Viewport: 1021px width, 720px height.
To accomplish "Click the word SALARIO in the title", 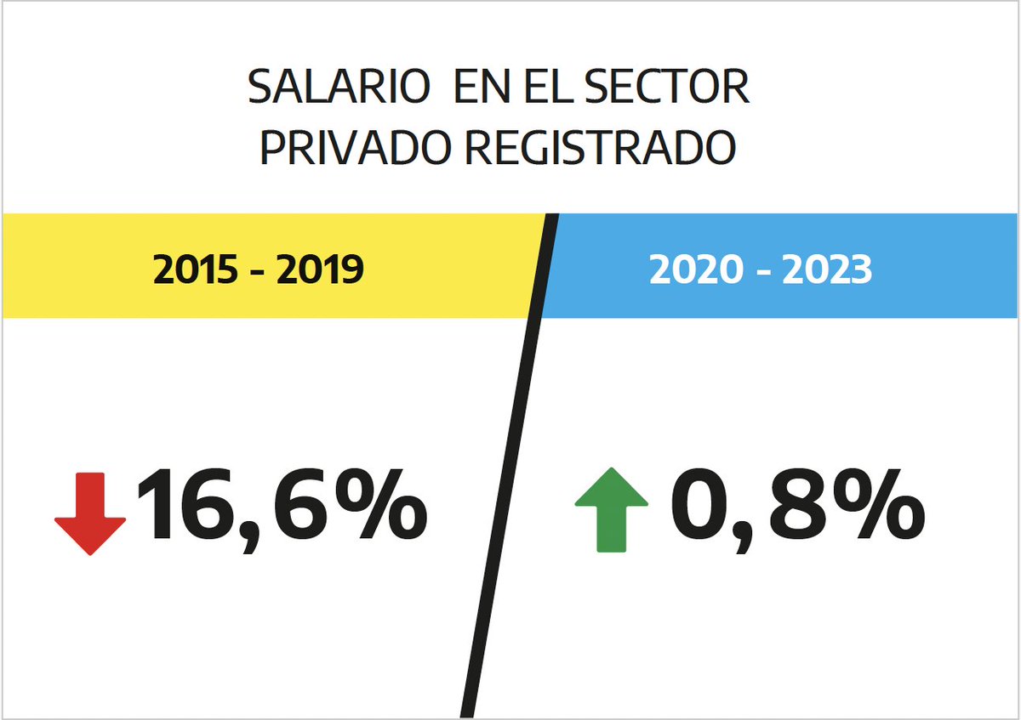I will point(335,88).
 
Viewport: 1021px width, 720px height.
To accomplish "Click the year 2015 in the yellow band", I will point(196,269).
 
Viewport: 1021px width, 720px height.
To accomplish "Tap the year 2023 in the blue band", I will point(824,269).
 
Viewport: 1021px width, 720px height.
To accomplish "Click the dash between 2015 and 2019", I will point(259,271).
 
